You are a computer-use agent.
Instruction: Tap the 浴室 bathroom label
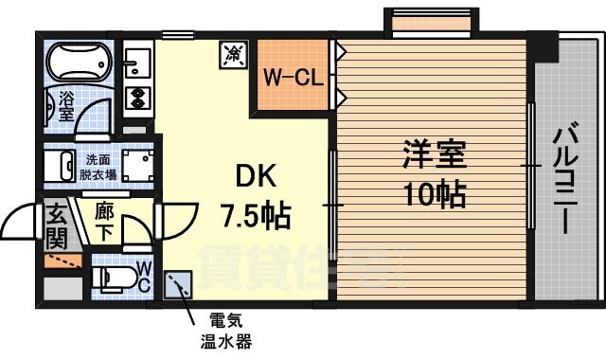67,104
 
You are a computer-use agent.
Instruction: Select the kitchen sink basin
136,63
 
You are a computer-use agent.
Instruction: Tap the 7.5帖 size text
254,215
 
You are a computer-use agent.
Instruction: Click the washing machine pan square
136,167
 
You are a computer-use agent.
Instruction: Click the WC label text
143,275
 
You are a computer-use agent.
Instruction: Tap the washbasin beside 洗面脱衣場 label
64,168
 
